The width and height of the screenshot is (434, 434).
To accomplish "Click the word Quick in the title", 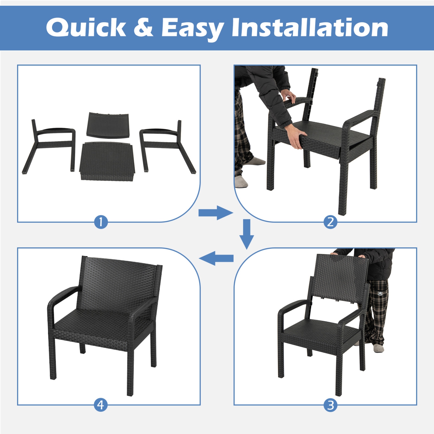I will tap(86, 27).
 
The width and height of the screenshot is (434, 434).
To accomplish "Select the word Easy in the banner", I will tap(192, 28).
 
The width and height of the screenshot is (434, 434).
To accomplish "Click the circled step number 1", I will tap(101, 222).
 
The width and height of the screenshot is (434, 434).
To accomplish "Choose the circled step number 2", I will tap(330, 222).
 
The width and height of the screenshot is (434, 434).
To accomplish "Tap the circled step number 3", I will tap(330, 405).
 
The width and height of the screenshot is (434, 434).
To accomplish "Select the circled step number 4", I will tap(101, 405).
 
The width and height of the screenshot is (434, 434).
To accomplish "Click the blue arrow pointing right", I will tap(216, 213).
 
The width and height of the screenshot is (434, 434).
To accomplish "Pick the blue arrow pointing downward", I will tap(247, 234).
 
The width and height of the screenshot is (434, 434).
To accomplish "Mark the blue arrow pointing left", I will tap(216, 258).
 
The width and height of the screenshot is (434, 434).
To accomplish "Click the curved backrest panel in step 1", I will tap(108, 126).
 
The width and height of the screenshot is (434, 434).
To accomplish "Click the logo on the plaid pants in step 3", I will tap(380, 293).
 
